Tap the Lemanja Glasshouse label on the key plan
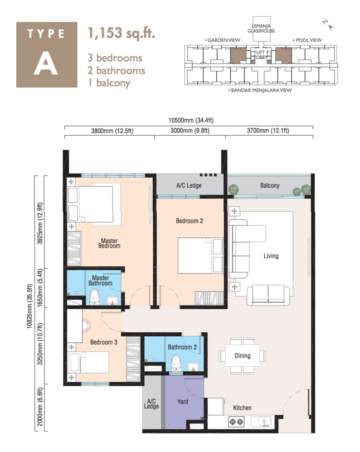tap(261, 28)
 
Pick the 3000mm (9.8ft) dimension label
tap(190, 132)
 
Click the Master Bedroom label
tap(110, 243)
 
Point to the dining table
tap(242, 356)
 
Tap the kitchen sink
tap(264, 422)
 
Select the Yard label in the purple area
tap(182, 401)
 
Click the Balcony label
tap(270, 185)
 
